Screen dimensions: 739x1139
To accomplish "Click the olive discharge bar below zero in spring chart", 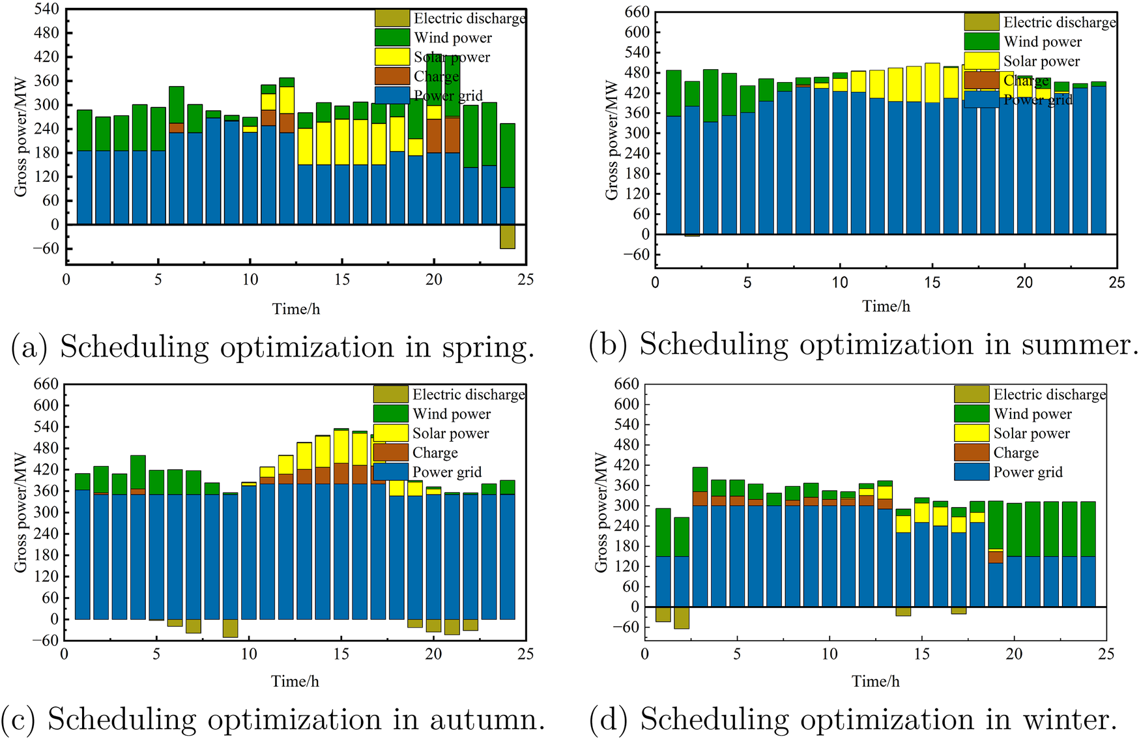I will pos(508,237).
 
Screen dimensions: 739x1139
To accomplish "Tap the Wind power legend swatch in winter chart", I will pos(972,414).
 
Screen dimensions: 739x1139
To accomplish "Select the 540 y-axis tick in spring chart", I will pos(46,9).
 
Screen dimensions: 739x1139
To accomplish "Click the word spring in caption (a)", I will pos(484,347).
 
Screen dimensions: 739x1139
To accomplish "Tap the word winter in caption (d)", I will pos(1069,719).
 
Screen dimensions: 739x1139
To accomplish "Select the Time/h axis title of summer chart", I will pos(886,306).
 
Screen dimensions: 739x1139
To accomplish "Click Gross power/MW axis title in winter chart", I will pos(601,512).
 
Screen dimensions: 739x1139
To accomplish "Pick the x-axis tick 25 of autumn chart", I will pos(525,654).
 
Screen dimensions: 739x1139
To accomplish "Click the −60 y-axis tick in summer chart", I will pos(636,255).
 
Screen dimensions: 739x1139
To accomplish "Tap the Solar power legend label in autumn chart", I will pos(450,433).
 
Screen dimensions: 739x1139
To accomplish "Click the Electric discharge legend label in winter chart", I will pos(1049,394).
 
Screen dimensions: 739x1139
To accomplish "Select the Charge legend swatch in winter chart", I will pos(972,452).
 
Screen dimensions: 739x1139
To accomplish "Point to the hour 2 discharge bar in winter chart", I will pos(682,618).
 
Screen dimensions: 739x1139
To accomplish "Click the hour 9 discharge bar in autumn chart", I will pos(230,628).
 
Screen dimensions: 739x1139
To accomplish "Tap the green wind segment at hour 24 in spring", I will pos(508,155).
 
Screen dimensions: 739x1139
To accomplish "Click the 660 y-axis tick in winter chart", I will pos(626,384).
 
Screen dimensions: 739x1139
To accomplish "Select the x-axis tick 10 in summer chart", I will pos(840,283).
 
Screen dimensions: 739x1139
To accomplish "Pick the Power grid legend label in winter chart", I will pos(1028,472).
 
